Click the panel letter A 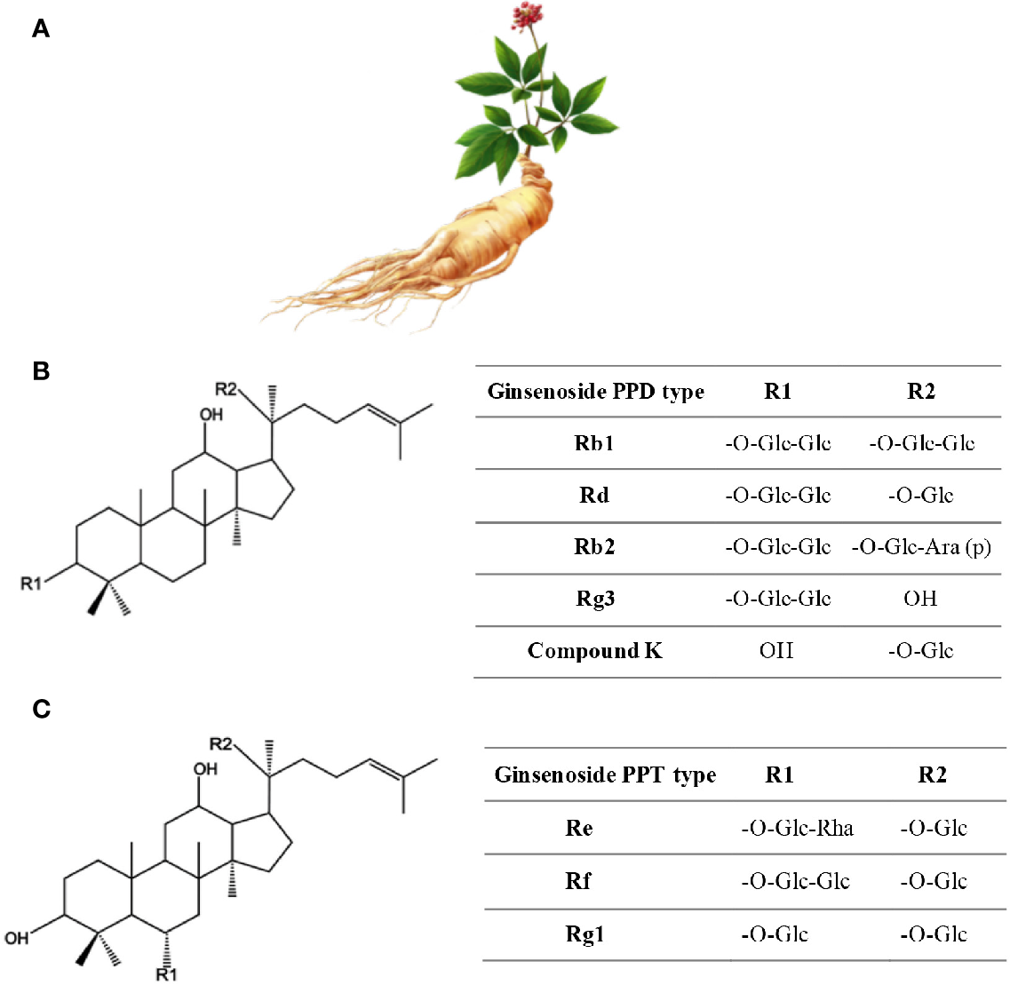point(41,29)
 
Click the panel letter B point(41,370)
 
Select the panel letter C point(41,709)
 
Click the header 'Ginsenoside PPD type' point(595,392)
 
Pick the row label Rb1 point(594,443)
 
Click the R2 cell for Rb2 point(921,547)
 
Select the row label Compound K point(594,651)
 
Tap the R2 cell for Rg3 point(920,599)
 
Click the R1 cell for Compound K point(776,651)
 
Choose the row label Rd point(594,495)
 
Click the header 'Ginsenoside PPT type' point(605,775)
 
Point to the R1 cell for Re point(797,829)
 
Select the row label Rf point(579,881)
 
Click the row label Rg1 point(585,934)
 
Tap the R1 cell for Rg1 point(775,934)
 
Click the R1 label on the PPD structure point(31,584)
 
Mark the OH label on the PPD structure point(211,415)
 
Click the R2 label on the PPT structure point(220,743)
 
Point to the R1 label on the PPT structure point(167,974)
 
